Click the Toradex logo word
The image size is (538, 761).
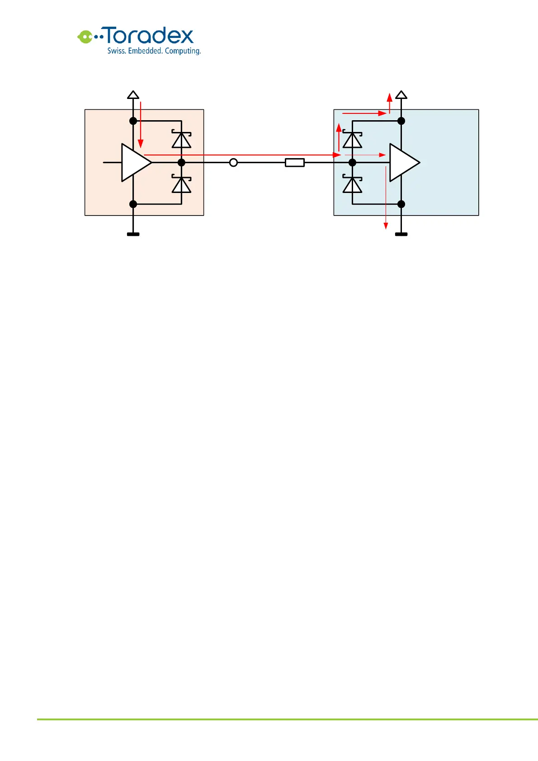point(149,36)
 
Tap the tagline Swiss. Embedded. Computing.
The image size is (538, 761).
point(154,51)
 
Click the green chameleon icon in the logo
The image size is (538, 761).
point(85,37)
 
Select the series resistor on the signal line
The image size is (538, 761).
point(295,163)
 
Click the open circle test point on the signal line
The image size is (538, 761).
point(233,163)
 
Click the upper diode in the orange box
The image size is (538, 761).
point(181,140)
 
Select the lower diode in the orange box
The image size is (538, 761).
point(181,184)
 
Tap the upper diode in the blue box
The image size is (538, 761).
point(352,140)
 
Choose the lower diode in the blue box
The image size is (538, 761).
point(352,184)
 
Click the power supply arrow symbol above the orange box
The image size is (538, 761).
point(133,94)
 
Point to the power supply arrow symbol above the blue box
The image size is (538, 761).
point(401,94)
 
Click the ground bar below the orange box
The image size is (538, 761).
point(133,234)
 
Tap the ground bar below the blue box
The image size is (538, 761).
point(401,234)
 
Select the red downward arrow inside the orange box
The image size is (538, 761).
point(141,124)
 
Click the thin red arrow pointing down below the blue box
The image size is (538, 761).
point(386,199)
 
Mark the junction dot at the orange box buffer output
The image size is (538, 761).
point(182,163)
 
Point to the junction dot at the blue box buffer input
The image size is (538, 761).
point(353,163)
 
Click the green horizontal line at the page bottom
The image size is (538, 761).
point(287,719)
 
